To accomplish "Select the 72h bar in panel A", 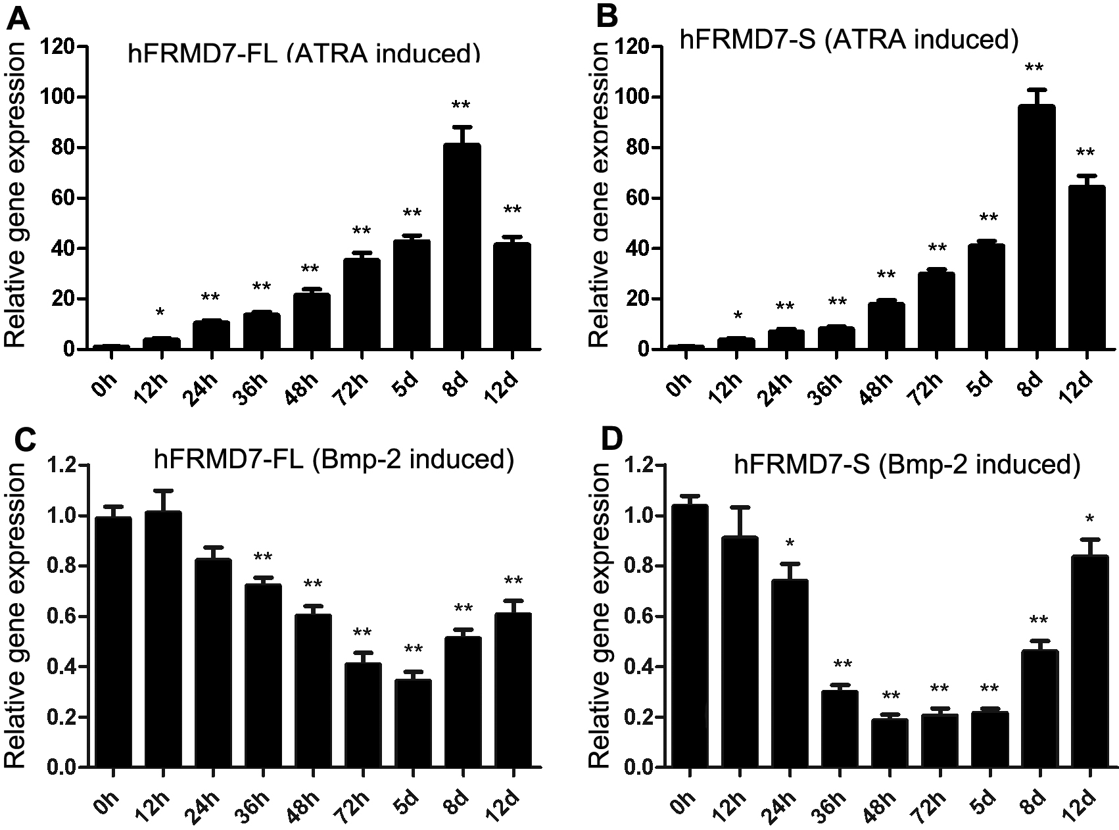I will [362, 303].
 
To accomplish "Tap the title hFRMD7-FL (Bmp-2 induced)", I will [334, 459].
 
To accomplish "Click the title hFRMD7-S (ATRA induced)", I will [849, 39].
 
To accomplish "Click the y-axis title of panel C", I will [16, 615].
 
